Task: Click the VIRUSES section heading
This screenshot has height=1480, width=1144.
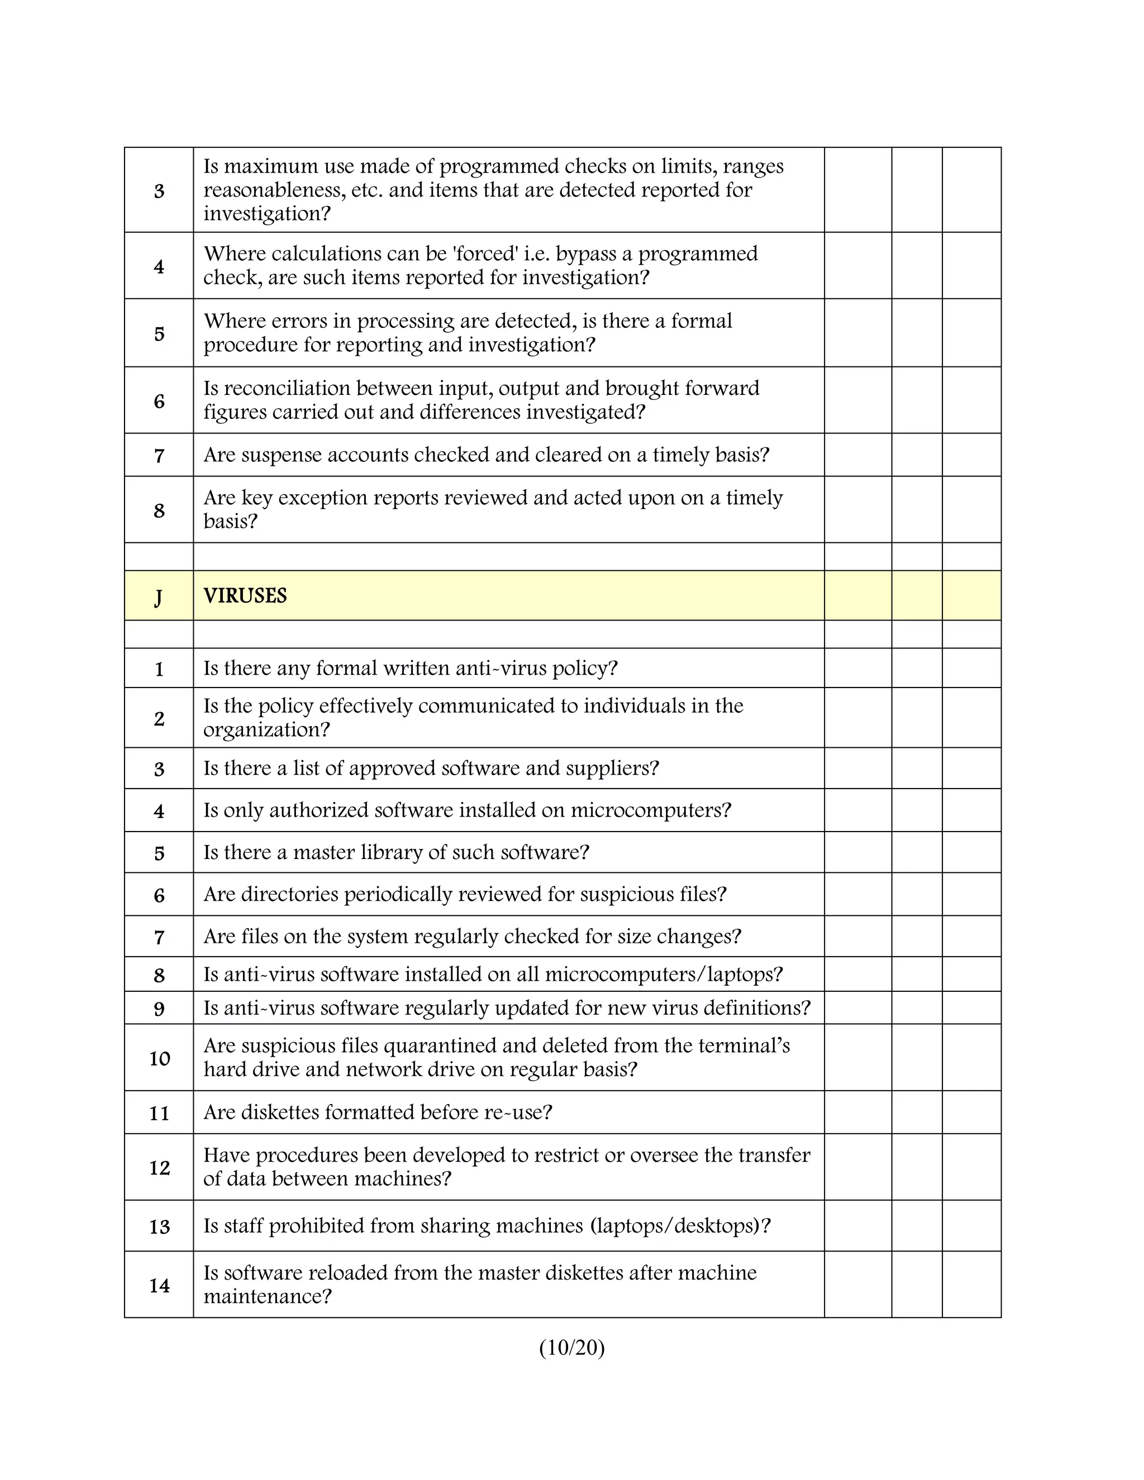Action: click(245, 596)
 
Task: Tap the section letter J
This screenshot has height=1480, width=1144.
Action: click(159, 597)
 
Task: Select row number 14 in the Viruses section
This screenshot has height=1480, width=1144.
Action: click(159, 1286)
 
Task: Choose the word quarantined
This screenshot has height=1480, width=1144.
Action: click(439, 1045)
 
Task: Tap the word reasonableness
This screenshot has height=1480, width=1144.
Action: click(274, 190)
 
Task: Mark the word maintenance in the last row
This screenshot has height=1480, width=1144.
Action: click(266, 1297)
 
